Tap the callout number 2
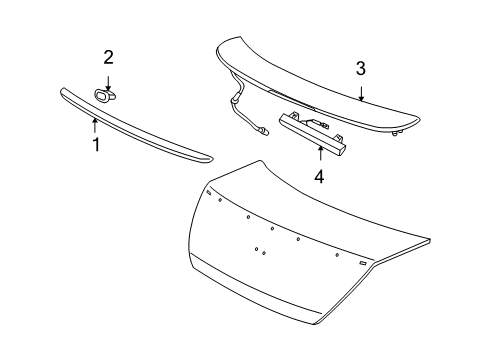(109, 57)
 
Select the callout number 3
(361, 69)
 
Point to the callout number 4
(319, 177)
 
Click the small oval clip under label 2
(105, 94)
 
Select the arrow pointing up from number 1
(94, 125)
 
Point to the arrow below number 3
(362, 92)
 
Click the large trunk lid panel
(300, 270)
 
